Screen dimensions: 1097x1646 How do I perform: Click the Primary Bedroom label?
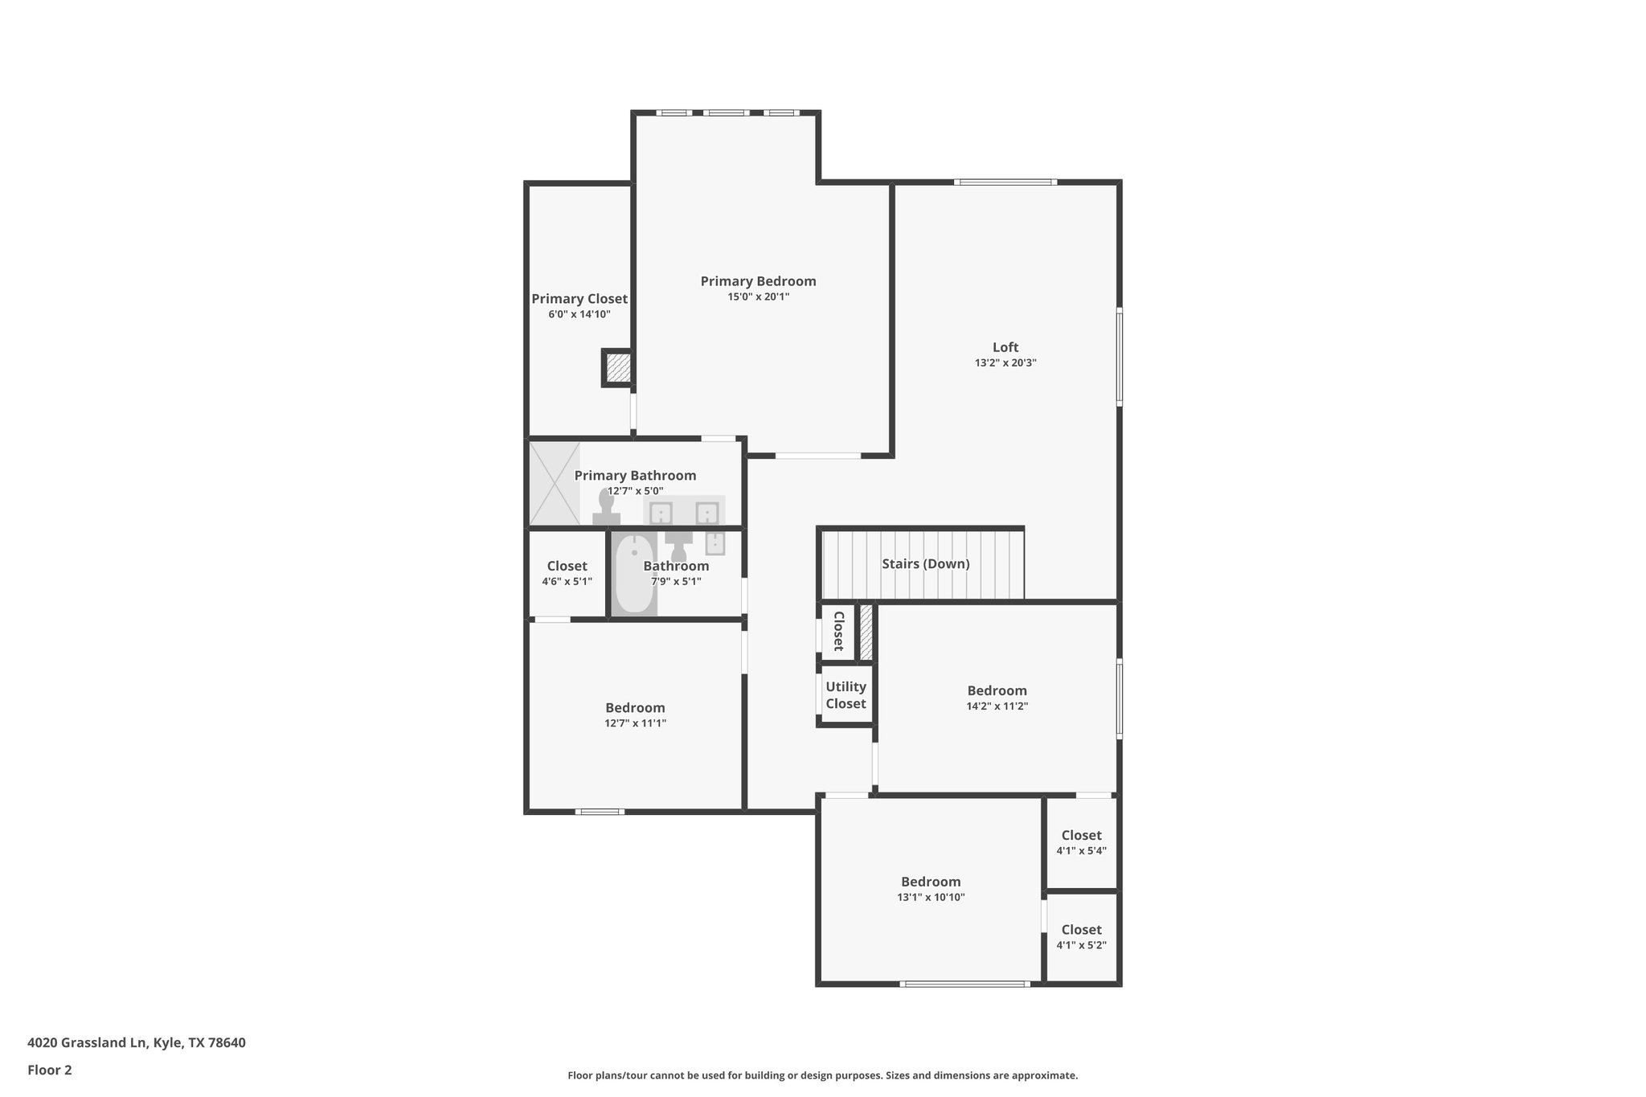pos(758,281)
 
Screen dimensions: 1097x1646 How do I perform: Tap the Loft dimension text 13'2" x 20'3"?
pos(1005,363)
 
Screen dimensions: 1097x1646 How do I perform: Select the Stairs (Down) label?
pos(925,564)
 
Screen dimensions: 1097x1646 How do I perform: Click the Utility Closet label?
pos(846,695)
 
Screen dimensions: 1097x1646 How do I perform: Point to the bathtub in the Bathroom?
pos(634,575)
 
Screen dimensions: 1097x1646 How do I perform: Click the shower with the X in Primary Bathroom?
pos(554,483)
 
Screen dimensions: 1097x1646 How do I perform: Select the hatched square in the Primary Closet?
pos(618,369)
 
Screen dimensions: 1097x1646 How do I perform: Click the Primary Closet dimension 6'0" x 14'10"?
pos(579,314)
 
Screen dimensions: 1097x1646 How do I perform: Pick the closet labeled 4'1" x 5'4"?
pos(1081,842)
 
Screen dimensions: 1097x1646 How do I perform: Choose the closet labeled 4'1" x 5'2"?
pos(1081,937)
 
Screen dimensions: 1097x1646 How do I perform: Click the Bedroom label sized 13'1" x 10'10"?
pos(931,882)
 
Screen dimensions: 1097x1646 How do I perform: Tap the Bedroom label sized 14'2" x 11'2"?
pos(997,690)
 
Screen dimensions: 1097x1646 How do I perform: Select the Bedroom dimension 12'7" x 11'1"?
pos(635,723)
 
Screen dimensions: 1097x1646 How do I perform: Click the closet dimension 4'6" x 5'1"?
pos(567,582)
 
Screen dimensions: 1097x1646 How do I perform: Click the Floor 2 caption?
pos(50,1070)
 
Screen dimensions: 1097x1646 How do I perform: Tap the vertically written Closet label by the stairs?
pos(837,631)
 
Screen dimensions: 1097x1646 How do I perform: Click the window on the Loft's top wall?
pos(1005,182)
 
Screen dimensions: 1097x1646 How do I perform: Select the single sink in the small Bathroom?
pos(714,544)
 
